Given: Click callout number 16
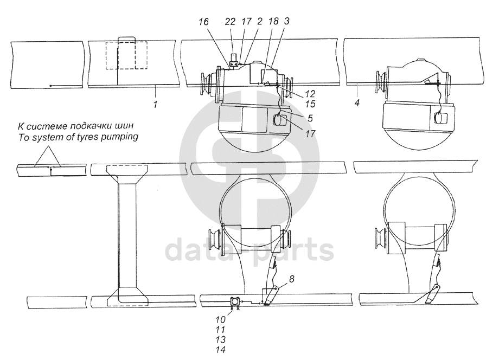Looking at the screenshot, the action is point(204,22).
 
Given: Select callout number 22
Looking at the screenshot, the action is point(230,22).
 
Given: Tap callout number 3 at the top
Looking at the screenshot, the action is point(287,21).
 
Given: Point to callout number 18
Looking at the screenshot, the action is point(273,21).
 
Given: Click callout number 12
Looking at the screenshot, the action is point(310,93).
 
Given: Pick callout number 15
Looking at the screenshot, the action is point(310,104).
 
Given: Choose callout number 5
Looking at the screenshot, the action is point(310,118).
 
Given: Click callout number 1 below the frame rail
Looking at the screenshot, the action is point(155,104).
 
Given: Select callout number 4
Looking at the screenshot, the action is point(357,102).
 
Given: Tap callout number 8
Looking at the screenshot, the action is point(291,279).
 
